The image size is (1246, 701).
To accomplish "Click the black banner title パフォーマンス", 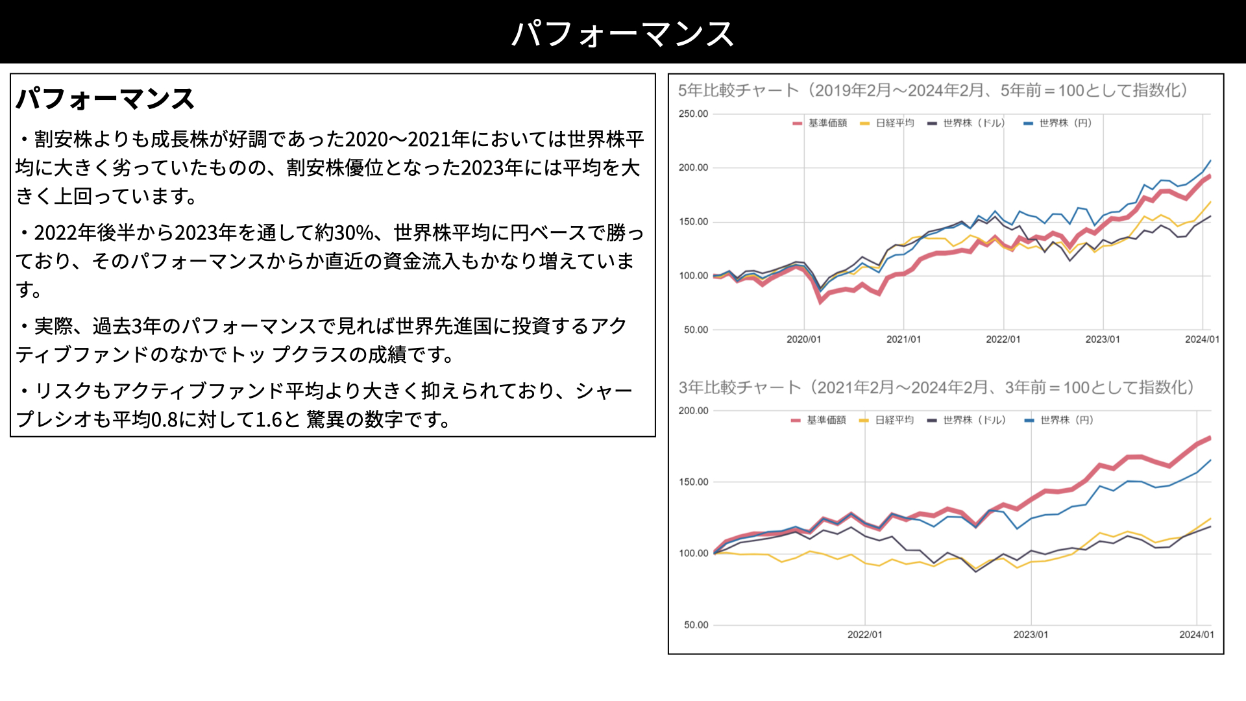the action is (x=623, y=33).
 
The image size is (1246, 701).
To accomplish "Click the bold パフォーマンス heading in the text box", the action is (x=105, y=99).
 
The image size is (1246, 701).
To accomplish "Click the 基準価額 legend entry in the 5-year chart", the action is (x=820, y=123).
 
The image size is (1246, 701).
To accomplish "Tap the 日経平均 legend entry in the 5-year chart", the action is (x=887, y=123).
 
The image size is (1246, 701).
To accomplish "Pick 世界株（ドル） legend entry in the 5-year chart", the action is (x=966, y=123).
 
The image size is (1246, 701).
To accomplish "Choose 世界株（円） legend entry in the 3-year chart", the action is (x=1059, y=420).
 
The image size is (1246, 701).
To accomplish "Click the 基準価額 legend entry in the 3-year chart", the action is (x=819, y=420).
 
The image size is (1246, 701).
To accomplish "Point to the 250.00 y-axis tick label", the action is (x=694, y=114).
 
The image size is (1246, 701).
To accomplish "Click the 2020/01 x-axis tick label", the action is (x=803, y=339).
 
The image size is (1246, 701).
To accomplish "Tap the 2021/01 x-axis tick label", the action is (x=903, y=339).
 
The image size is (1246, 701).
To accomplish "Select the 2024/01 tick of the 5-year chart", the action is (x=1202, y=339).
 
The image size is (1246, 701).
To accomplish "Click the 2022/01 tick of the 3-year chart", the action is (x=865, y=635).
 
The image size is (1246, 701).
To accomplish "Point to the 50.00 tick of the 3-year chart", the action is (x=696, y=625).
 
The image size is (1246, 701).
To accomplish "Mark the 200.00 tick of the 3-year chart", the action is (x=694, y=411).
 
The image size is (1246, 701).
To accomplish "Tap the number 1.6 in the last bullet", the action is (x=268, y=419).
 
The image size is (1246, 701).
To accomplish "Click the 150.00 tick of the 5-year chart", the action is (x=694, y=222).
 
